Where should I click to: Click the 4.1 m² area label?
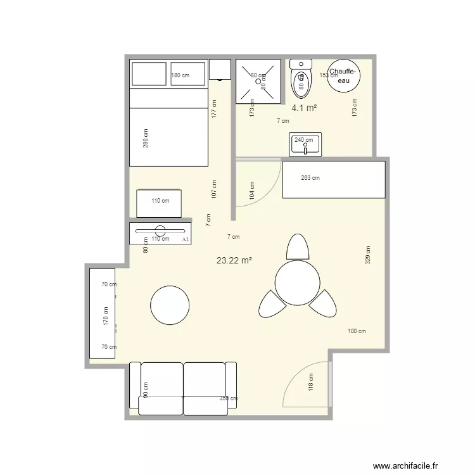pyautogui.click(x=304, y=108)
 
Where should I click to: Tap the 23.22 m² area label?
pyautogui.click(x=234, y=260)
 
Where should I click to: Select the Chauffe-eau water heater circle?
pyautogui.click(x=343, y=77)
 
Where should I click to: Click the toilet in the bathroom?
pyautogui.click(x=300, y=78)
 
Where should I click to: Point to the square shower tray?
pyautogui.click(x=258, y=81)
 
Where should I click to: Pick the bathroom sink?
pyautogui.click(x=305, y=145)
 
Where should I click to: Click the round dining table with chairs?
pyautogui.click(x=296, y=282)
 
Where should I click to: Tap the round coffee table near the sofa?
pyautogui.click(x=170, y=305)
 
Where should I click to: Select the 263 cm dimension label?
pyautogui.click(x=310, y=178)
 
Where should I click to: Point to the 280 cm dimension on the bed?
pyautogui.click(x=146, y=139)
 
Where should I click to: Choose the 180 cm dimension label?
pyautogui.click(x=180, y=75)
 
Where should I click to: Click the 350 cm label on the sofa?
pyautogui.click(x=229, y=398)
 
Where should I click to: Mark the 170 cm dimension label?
pyautogui.click(x=106, y=315)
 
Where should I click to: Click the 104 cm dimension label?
pyautogui.click(x=253, y=191)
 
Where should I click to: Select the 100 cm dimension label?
pyautogui.click(x=357, y=331)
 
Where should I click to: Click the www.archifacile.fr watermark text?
pyautogui.click(x=405, y=466)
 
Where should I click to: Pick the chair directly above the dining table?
pyautogui.click(x=296, y=246)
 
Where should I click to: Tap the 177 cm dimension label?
pyautogui.click(x=215, y=109)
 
